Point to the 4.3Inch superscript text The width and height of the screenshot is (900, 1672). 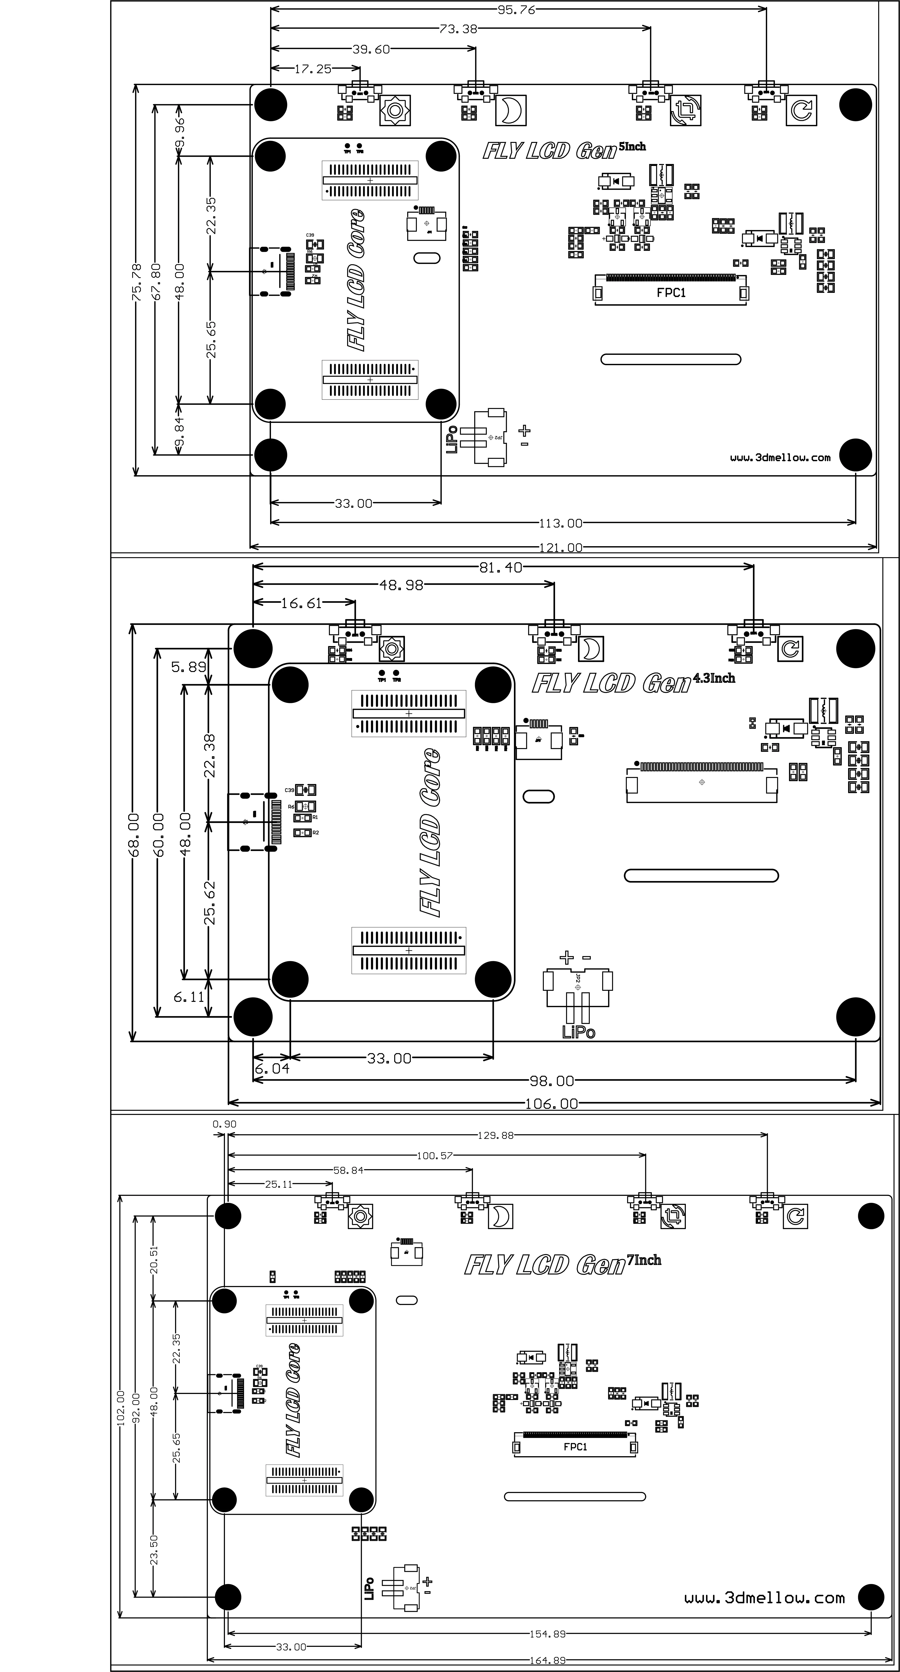714,678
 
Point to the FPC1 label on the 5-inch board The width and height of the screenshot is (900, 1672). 671,293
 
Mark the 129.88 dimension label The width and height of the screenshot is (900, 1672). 496,1135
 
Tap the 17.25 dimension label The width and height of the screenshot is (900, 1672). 313,69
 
